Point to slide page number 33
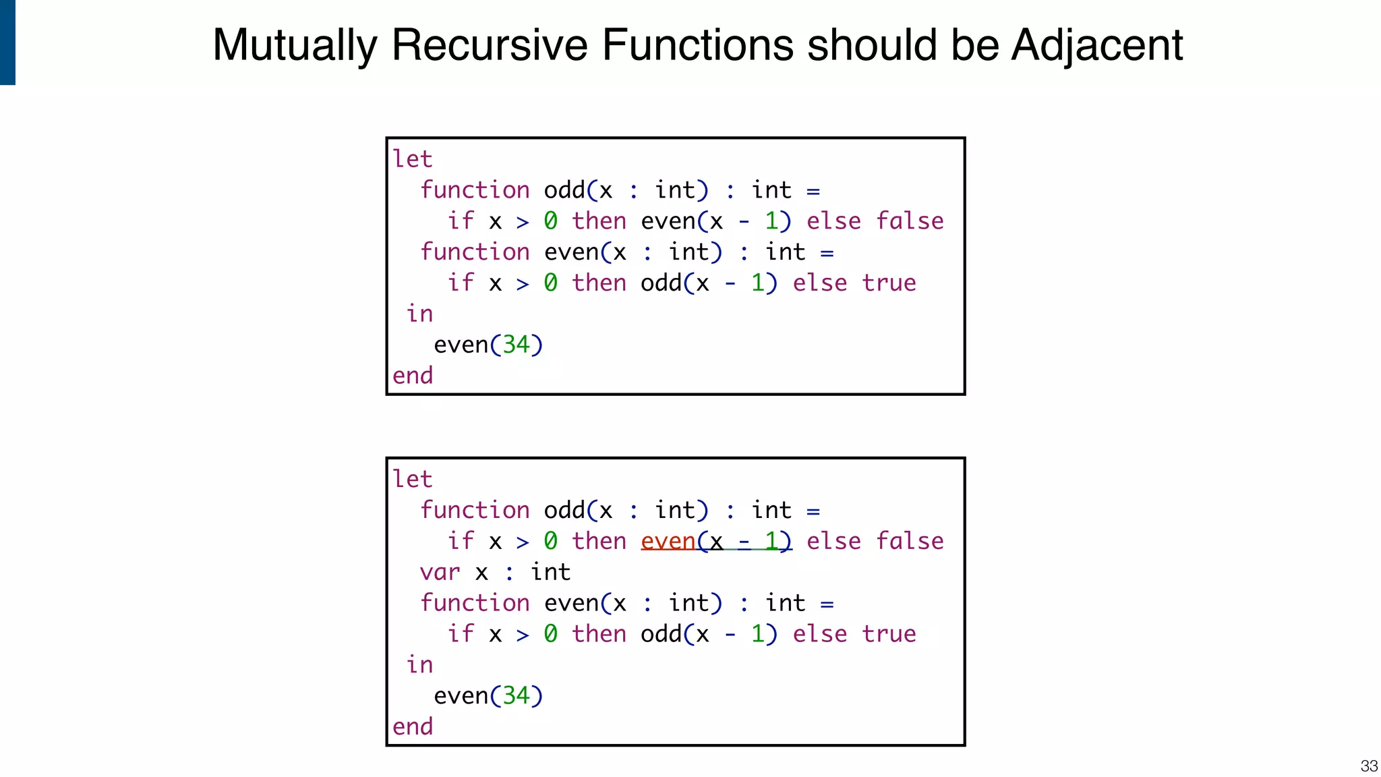1369,766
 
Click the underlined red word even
668,541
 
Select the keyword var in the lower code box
440,573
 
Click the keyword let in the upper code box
412,159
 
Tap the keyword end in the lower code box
413,727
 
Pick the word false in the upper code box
910,221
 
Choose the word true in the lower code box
889,634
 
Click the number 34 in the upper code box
516,345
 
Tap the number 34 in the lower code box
516,696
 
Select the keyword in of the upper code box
419,314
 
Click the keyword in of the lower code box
419,665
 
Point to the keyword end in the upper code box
413,376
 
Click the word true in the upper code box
889,283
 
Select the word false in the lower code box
910,541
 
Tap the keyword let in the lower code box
412,480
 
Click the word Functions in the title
697,46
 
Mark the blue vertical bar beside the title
7,42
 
